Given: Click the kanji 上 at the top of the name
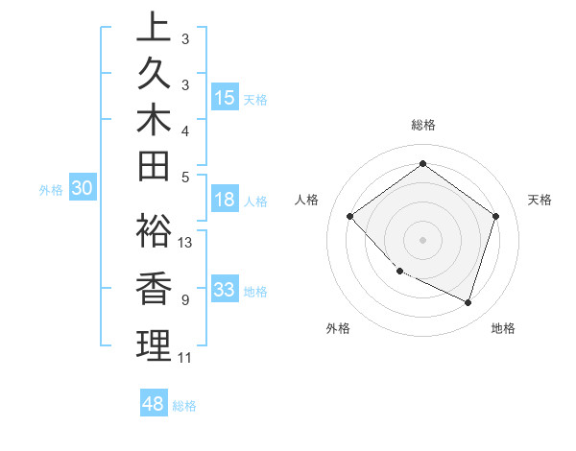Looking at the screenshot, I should coord(152,27).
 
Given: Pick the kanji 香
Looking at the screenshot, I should coord(152,289).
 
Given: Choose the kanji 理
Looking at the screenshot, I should coord(152,345).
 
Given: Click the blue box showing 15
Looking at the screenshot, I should coord(225,97).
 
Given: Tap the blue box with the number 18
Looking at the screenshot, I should coord(225,200).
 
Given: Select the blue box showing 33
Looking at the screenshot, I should coord(225,290).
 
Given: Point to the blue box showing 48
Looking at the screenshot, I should coord(154,404).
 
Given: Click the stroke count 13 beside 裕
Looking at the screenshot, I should coord(185,243).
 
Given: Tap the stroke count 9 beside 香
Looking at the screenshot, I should coord(184,300).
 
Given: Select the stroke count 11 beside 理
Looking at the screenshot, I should coord(184,358).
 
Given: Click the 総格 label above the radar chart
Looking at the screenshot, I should coord(422,125).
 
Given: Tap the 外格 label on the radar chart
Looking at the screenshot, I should coord(338,328).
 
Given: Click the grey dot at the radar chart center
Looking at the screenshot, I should coord(422,239).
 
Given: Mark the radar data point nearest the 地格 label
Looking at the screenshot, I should coord(468,302).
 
